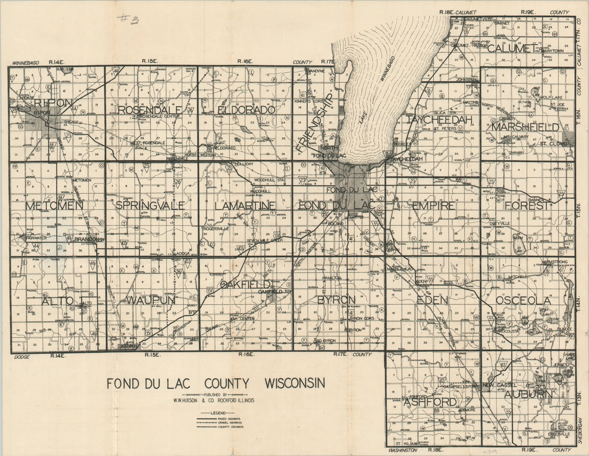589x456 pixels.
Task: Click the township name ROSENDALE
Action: pos(149,110)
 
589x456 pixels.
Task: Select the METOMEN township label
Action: pos(55,206)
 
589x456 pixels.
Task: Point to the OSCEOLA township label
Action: pos(523,300)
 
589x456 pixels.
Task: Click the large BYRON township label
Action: pos(336,300)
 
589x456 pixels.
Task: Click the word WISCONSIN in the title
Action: pos(295,384)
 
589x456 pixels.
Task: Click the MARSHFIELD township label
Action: pos(525,127)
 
